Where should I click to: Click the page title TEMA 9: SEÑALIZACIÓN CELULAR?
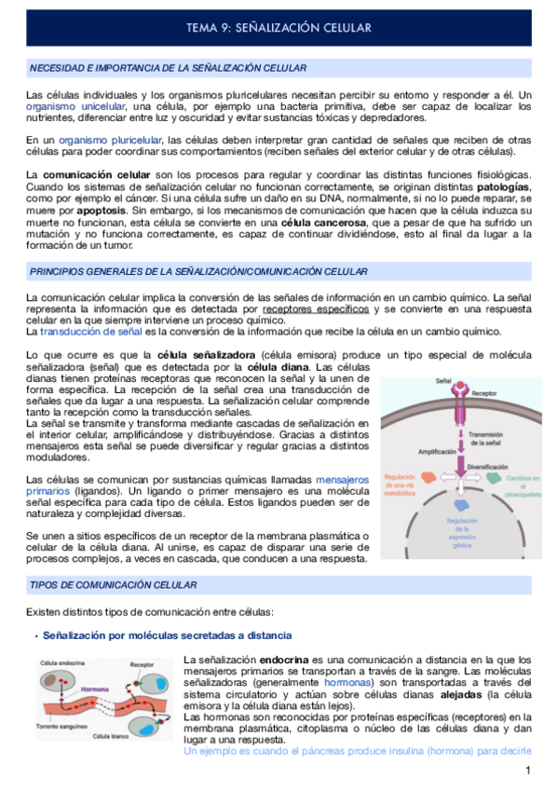click(x=279, y=29)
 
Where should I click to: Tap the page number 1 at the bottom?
click(x=527, y=771)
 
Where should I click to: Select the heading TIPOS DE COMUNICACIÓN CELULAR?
click(x=114, y=584)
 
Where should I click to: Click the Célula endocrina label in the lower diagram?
click(x=64, y=665)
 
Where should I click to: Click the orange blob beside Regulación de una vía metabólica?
click(x=429, y=477)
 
